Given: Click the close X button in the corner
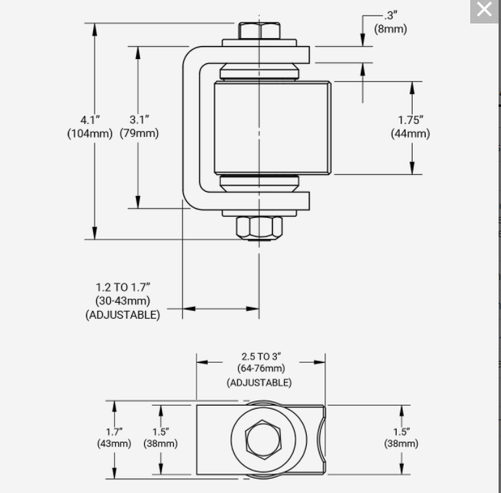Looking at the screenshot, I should [x=484, y=10].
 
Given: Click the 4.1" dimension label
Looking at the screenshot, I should [x=89, y=120].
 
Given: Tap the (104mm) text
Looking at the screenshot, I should [x=89, y=134].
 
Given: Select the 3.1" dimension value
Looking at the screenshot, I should [x=139, y=120].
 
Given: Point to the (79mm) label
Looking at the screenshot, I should [x=139, y=134].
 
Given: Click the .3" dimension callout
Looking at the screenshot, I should [x=391, y=15].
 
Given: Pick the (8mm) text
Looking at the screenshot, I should [x=390, y=29].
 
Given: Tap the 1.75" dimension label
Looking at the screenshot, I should [x=410, y=120].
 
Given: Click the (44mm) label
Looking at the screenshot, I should [x=410, y=134].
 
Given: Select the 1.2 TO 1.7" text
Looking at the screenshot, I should [x=123, y=287].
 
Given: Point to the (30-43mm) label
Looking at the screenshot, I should [x=123, y=300].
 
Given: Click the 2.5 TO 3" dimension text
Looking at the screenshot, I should [x=261, y=356].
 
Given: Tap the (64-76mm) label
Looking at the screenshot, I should [x=261, y=369].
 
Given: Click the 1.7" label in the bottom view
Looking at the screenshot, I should [x=114, y=431].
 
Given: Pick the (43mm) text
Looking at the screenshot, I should [x=114, y=444].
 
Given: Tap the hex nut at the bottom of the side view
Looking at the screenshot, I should [x=259, y=227].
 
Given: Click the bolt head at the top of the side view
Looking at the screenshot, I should [x=259, y=31].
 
